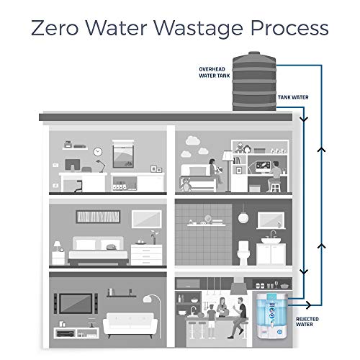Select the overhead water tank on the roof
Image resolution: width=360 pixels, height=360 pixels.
pyautogui.click(x=253, y=80)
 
